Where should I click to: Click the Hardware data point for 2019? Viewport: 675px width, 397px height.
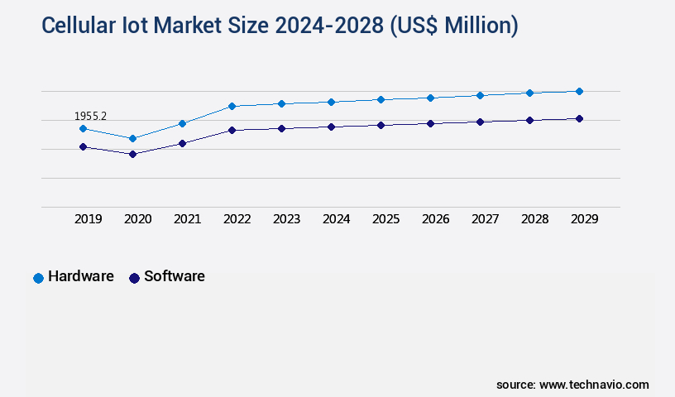pyautogui.click(x=83, y=128)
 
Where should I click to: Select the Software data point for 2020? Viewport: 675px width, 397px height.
pyautogui.click(x=132, y=154)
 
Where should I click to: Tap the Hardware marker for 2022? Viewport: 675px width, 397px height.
pyautogui.click(x=232, y=106)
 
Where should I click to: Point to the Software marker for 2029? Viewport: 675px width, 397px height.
pyautogui.click(x=579, y=118)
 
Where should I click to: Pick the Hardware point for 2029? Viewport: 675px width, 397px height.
pyautogui.click(x=579, y=91)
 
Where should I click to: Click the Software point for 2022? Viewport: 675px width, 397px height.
pyautogui.click(x=232, y=130)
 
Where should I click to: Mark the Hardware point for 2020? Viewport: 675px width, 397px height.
pyautogui.click(x=132, y=138)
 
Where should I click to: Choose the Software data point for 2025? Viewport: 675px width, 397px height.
pyautogui.click(x=381, y=125)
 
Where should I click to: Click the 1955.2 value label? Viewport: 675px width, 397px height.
pyautogui.click(x=90, y=117)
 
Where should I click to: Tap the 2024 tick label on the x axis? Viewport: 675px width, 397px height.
pyautogui.click(x=337, y=219)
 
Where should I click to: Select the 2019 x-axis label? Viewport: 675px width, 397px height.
pyautogui.click(x=89, y=219)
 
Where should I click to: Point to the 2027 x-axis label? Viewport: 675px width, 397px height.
pyautogui.click(x=486, y=219)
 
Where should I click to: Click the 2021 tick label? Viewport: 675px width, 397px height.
pyautogui.click(x=188, y=219)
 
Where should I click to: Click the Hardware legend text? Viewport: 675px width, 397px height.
pyautogui.click(x=81, y=276)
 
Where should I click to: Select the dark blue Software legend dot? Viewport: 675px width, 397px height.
pyautogui.click(x=134, y=278)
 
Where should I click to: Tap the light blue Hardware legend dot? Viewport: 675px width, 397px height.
pyautogui.click(x=38, y=278)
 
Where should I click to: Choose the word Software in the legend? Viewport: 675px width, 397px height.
pyautogui.click(x=175, y=276)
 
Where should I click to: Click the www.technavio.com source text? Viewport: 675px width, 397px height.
pyautogui.click(x=594, y=385)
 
